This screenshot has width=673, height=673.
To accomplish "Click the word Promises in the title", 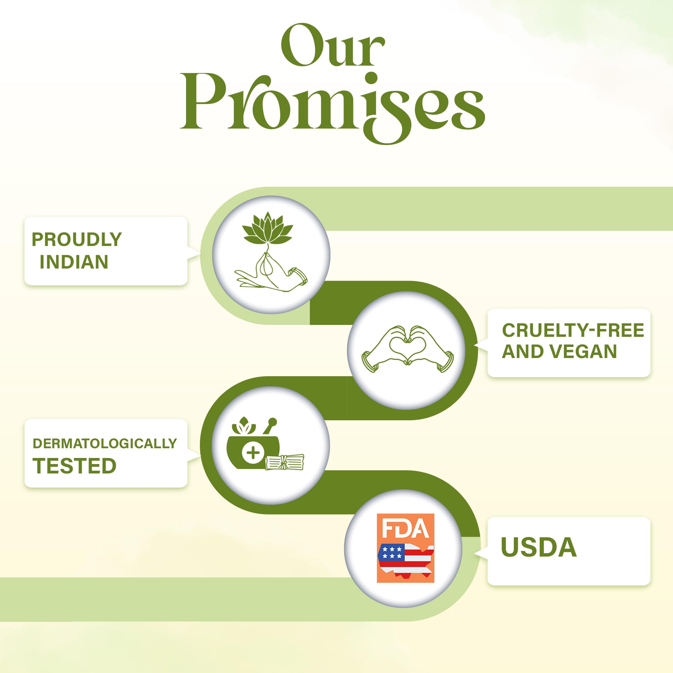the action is click(332, 108).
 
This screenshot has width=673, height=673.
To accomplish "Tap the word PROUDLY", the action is click(77, 239).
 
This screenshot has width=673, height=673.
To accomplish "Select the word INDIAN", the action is click(74, 262).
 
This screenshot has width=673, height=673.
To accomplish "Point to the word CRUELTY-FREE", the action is click(573, 330).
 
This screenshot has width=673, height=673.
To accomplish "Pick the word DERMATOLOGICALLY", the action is click(105, 444).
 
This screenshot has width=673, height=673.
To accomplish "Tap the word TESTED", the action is click(74, 466).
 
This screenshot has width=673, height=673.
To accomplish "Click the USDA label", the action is click(538, 547).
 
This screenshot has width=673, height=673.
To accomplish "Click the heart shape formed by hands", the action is click(407, 345).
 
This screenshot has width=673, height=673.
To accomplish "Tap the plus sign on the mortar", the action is click(253, 453).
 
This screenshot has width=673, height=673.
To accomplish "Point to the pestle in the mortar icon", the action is click(270, 426).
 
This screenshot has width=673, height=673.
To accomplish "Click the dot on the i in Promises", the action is click(372, 78).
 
